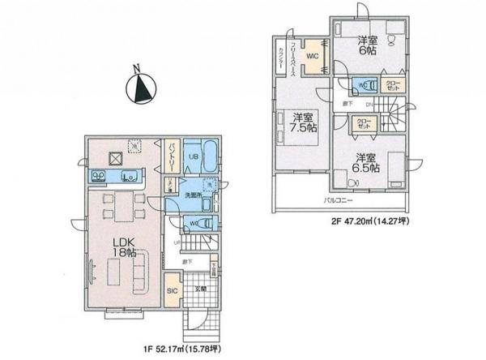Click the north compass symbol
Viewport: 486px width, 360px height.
pos(143,87)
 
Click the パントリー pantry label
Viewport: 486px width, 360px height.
pos(173,157)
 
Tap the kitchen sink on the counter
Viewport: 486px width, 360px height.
pos(126,177)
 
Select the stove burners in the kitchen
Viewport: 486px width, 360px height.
pos(99,175)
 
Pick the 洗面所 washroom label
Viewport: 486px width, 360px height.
pos(191,196)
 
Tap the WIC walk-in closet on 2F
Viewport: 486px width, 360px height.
pos(312,56)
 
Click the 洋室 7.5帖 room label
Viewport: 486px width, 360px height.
pos(303,127)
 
